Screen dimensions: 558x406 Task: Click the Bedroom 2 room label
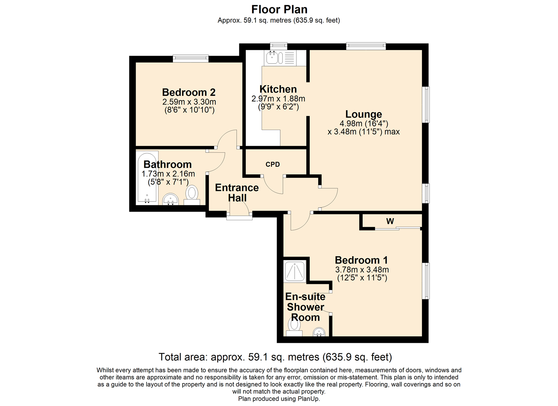189,92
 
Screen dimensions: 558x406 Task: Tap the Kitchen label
278,89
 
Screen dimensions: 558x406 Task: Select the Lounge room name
363,114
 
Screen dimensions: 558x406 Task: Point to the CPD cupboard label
272,164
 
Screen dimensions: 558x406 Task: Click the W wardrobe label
390,221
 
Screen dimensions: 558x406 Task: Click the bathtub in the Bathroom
147,177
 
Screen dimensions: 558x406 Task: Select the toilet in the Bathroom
192,195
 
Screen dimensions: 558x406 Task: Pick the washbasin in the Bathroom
170,199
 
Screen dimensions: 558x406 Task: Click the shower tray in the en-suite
295,271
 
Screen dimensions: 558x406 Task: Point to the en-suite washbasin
319,332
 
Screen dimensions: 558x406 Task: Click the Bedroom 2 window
191,59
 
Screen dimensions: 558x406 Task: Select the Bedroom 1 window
426,281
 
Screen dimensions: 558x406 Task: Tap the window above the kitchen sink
279,46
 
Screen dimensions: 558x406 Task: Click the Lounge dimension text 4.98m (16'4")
364,123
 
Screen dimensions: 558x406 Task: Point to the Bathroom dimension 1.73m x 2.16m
168,174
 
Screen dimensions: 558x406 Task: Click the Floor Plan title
279,9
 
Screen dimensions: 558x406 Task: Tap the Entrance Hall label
237,192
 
